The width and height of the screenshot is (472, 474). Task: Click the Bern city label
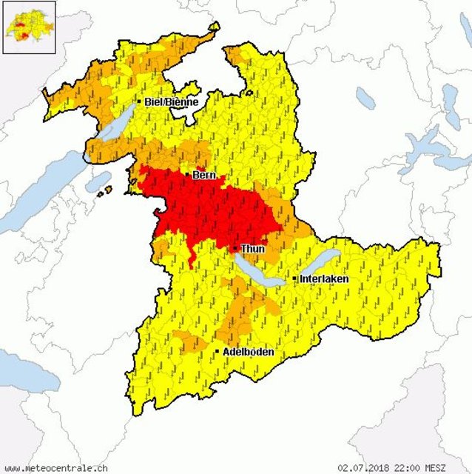(204, 176)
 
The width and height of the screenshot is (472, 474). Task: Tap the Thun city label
(252, 249)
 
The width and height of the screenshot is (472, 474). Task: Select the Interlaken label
(324, 278)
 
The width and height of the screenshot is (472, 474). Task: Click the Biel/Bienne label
(172, 101)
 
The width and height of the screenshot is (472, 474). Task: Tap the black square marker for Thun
(235, 249)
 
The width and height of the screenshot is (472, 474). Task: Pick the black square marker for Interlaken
(294, 278)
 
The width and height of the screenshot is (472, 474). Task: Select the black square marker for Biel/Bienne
(138, 101)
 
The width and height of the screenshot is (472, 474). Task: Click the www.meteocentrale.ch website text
(56, 467)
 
